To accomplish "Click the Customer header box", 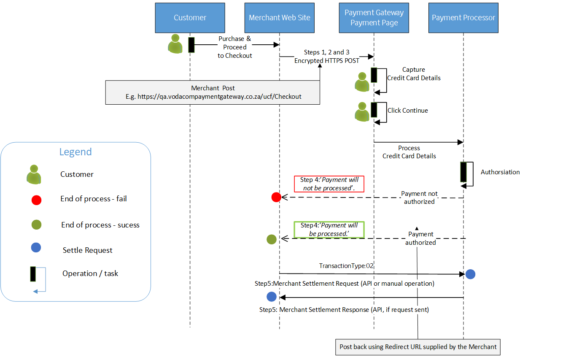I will coord(190,18).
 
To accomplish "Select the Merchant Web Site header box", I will coord(279,18).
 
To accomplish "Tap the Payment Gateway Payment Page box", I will coord(374,18).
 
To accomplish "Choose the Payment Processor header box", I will coord(463,18).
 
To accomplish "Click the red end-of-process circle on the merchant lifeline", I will coord(276,197).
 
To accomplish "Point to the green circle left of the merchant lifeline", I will coord(272,239).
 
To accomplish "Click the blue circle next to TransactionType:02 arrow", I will coord(470,274).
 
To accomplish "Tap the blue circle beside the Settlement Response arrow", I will coord(272,296).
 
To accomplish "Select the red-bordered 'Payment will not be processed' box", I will coord(329,184).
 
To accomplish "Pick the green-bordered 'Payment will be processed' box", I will coord(329,230).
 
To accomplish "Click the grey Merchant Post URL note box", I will coord(213,92).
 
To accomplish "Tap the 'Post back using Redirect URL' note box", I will coord(418,346).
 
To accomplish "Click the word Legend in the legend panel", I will coord(75,152).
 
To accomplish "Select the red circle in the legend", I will coord(36,200).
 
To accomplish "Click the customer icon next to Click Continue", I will coord(362,112).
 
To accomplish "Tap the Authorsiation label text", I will coord(500,172).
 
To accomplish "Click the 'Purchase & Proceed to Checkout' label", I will coord(234,47).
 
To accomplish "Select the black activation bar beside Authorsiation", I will coord(463,172).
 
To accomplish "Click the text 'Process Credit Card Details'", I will coord(409,152).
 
